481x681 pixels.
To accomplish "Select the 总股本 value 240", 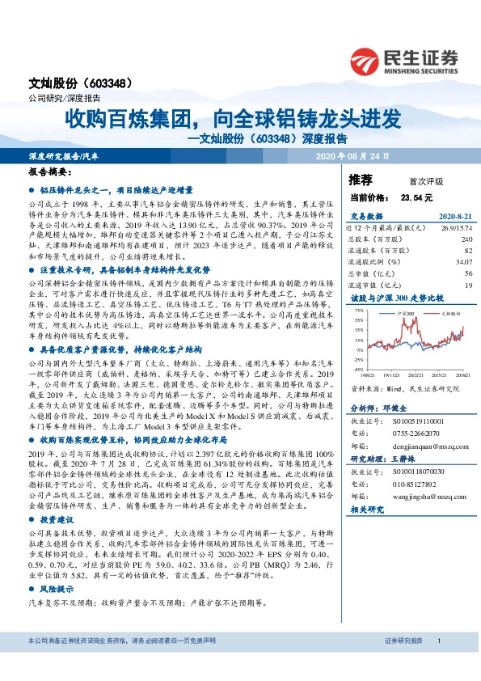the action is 466,239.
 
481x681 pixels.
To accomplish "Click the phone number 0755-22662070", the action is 419,433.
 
